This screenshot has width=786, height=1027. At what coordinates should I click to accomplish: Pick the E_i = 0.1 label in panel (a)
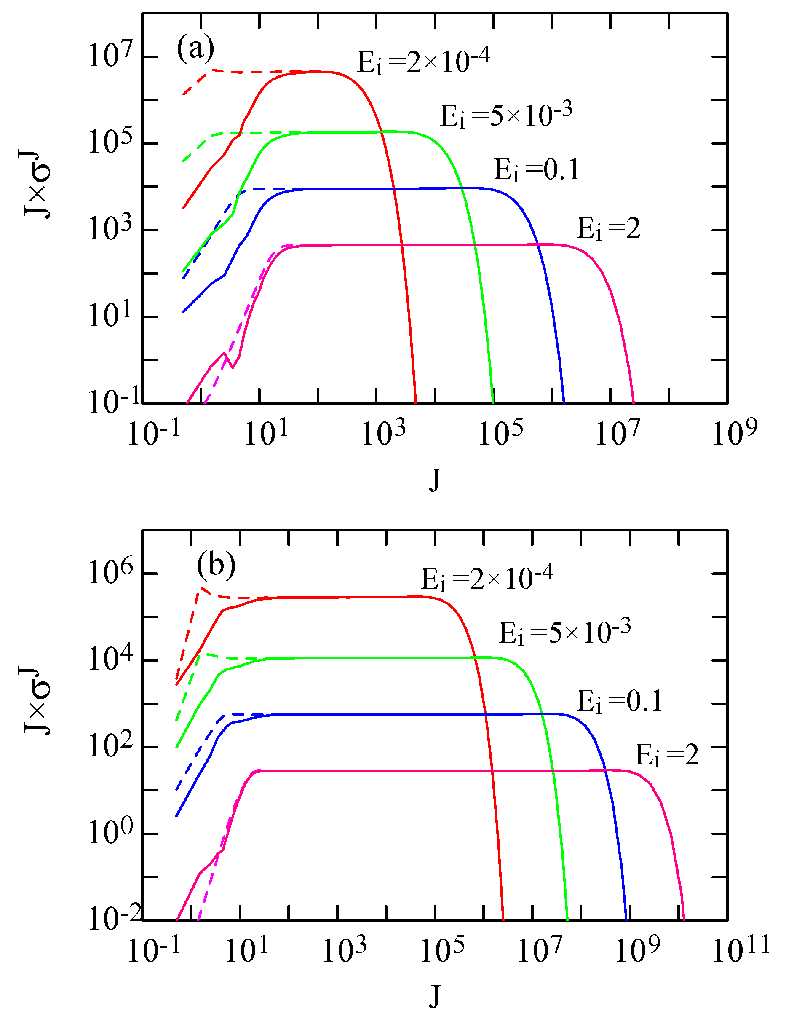tap(537, 169)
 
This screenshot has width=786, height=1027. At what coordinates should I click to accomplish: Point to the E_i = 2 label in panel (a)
tap(608, 228)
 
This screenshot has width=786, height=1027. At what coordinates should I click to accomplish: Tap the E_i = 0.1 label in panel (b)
tap(620, 701)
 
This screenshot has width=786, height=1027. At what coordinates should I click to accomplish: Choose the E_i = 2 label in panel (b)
tap(667, 755)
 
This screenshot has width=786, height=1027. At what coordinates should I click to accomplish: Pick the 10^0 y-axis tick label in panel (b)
tap(110, 833)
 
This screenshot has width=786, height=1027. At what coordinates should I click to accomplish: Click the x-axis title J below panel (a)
tap(435, 479)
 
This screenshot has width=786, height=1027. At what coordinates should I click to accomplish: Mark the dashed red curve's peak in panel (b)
tap(202, 588)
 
